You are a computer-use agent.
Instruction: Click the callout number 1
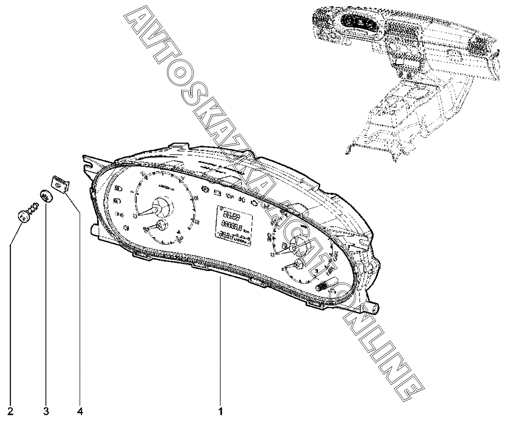pyautogui.click(x=220, y=412)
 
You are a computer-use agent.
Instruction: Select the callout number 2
pyautogui.click(x=11, y=412)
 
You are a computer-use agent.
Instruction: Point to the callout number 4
pyautogui.click(x=80, y=412)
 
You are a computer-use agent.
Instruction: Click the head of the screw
pyautogui.click(x=24, y=216)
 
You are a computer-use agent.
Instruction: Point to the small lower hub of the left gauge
pyautogui.click(x=162, y=226)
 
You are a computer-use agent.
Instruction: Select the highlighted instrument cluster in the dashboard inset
pyautogui.click(x=358, y=23)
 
